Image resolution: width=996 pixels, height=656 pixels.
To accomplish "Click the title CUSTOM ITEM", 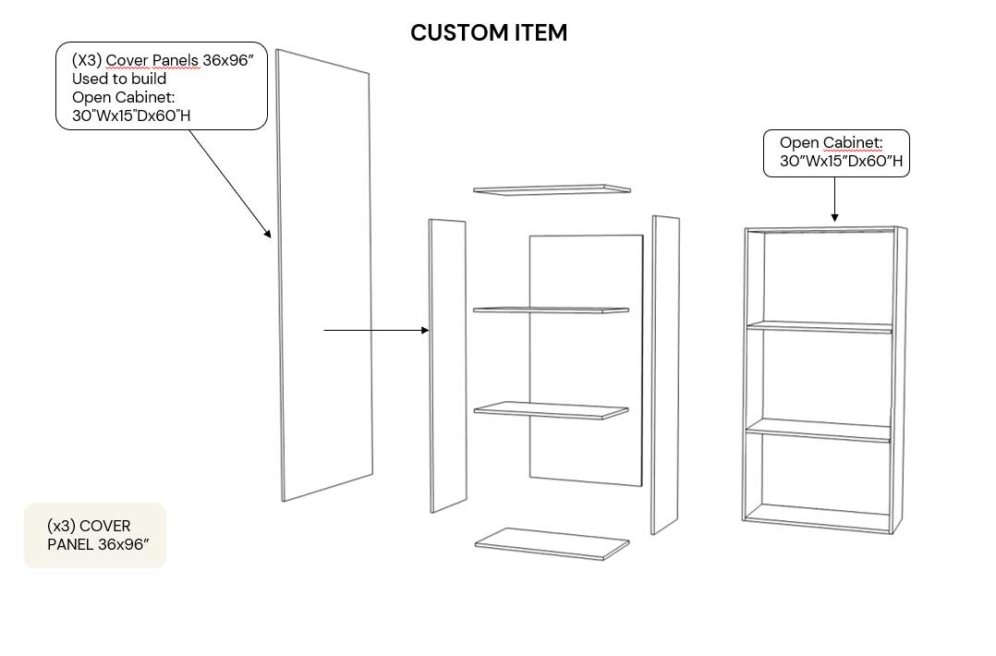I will tap(489, 33).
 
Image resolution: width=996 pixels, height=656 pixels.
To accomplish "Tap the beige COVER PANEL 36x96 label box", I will tap(95, 535).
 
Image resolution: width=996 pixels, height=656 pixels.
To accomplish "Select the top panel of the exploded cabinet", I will tap(552, 189).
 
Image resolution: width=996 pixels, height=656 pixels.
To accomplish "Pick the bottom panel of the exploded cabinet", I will tap(552, 543).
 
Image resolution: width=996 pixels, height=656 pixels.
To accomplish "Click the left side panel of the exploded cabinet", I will tap(447, 365).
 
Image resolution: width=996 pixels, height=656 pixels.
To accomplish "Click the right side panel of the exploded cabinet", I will tap(665, 374).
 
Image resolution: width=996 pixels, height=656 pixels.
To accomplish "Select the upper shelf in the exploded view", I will tap(552, 310).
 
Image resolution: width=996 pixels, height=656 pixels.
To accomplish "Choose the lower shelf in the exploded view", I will tap(552, 409).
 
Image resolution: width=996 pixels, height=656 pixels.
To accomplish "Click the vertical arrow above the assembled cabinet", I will tap(834, 199).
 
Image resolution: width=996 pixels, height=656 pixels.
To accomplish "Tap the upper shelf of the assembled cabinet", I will tap(820, 325).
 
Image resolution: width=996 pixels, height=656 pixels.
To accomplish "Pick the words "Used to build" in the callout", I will tap(119, 79).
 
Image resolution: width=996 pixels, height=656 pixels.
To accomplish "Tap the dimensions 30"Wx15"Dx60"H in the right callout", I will tap(841, 162).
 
